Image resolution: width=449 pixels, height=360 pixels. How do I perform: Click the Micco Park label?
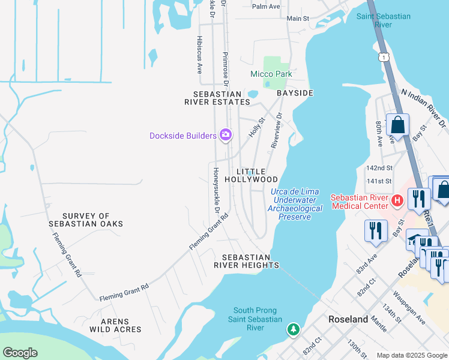(271, 74)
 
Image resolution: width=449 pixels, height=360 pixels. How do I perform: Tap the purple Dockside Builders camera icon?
(226, 136)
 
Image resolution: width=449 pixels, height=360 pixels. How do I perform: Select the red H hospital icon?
(396, 200)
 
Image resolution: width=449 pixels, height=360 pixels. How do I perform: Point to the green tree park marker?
(293, 329)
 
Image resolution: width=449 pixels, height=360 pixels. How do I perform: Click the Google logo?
(20, 353)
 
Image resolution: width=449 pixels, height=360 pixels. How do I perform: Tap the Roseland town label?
(348, 319)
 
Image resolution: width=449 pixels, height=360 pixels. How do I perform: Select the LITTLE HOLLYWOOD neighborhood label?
(252, 175)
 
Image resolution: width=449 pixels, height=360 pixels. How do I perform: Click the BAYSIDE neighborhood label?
(295, 94)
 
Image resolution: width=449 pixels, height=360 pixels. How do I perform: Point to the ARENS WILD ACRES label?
(116, 325)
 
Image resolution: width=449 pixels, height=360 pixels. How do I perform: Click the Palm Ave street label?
(267, 7)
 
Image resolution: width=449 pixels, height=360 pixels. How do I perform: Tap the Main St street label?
(298, 19)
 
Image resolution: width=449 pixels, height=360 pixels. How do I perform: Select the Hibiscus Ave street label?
(199, 54)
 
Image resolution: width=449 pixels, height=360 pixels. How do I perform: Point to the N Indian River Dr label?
(424, 108)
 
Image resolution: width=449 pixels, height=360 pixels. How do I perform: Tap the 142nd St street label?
(381, 168)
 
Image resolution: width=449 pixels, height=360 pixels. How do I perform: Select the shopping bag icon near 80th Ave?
(397, 125)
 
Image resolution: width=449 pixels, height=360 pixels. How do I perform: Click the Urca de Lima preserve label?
(295, 204)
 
